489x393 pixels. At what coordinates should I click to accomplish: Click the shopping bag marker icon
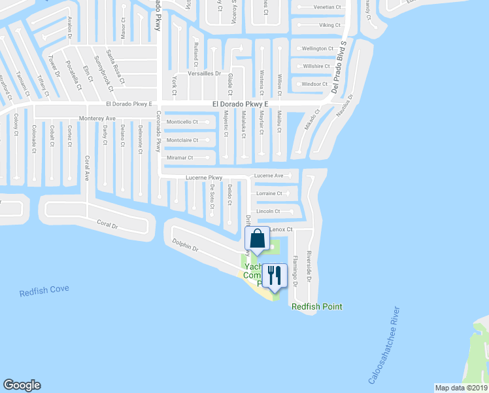[x=257, y=239]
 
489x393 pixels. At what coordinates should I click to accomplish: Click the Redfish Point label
[x=316, y=307]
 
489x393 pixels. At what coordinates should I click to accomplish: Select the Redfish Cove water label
[x=44, y=290]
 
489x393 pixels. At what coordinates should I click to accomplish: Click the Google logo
[x=22, y=385]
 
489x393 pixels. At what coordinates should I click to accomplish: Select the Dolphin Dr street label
[x=185, y=247]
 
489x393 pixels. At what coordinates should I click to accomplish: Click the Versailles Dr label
[x=205, y=73]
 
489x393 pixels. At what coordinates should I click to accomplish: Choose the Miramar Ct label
[x=180, y=158]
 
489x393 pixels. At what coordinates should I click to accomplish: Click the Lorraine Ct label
[x=269, y=193]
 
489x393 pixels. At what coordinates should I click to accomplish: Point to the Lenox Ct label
[x=281, y=230]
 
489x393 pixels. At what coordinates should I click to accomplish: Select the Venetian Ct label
[x=328, y=7]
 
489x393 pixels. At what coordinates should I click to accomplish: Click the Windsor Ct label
[x=314, y=84]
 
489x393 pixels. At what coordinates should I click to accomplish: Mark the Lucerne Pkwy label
[x=204, y=178]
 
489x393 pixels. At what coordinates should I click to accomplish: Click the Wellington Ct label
[x=317, y=48]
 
